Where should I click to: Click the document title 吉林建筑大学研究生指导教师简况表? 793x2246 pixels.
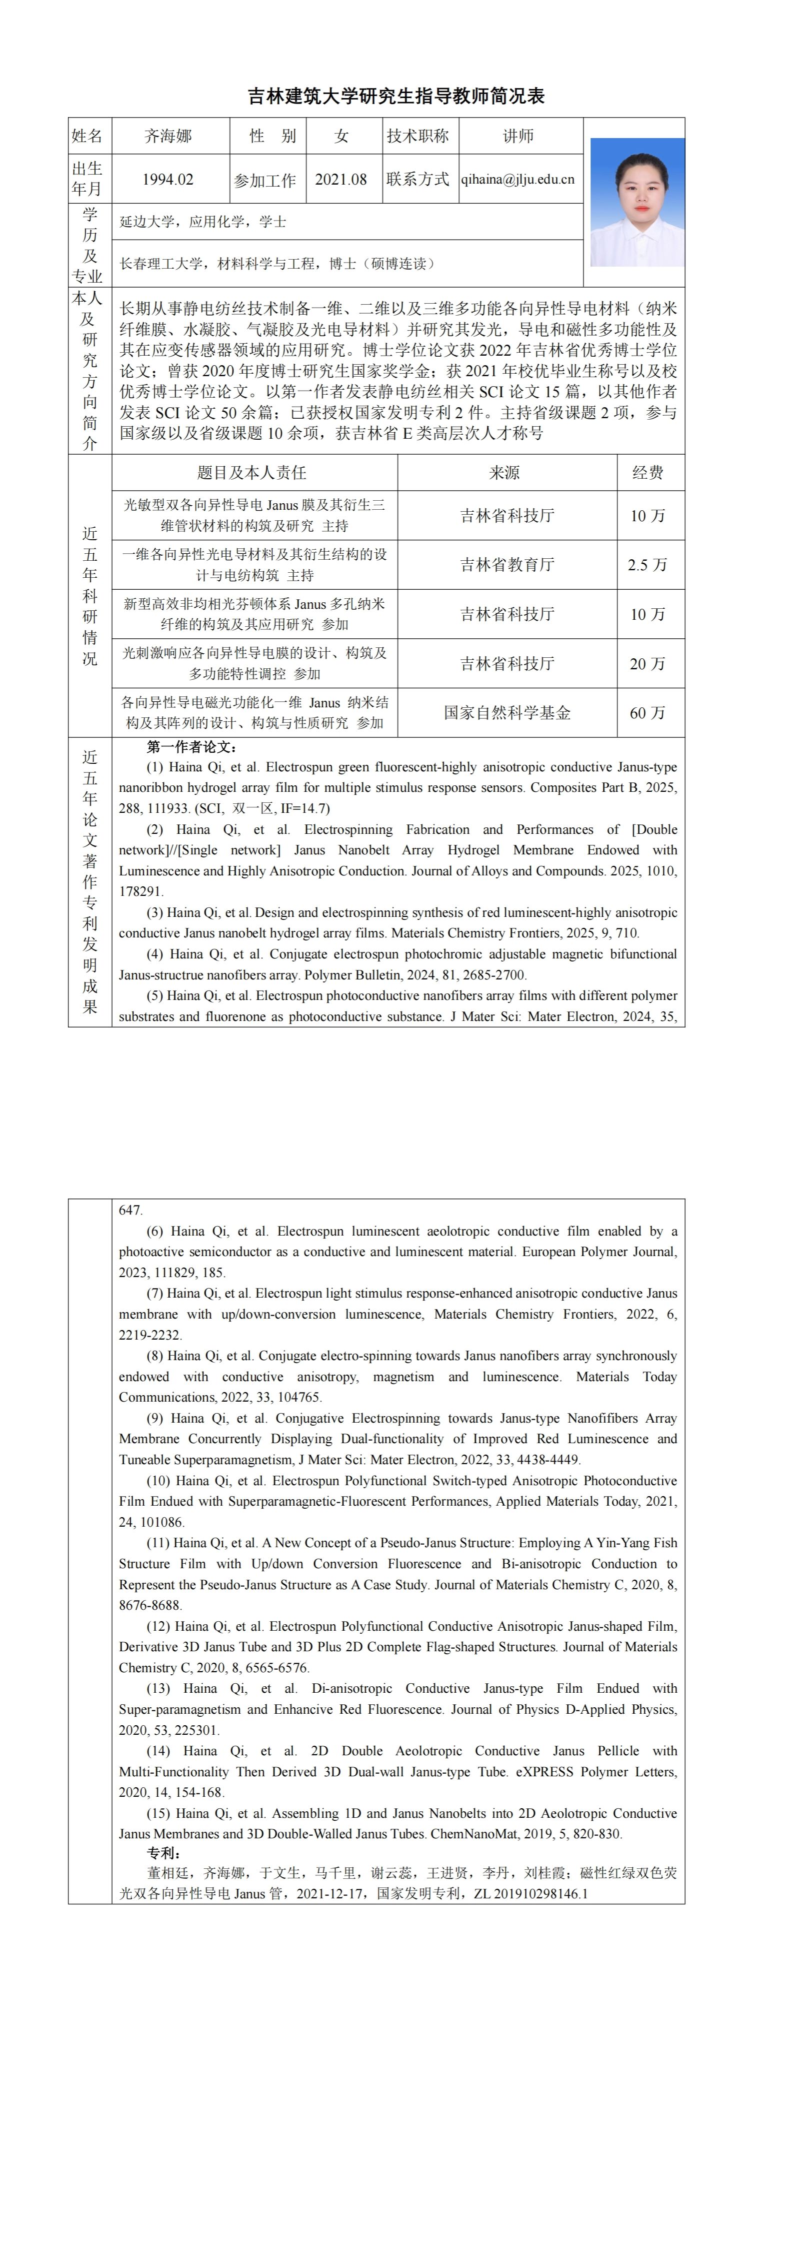(396, 97)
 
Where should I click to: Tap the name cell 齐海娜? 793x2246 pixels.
(168, 136)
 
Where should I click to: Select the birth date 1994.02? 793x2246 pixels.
(168, 180)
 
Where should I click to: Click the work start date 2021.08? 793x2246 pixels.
(340, 180)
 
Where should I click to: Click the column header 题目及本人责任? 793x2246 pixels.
(252, 473)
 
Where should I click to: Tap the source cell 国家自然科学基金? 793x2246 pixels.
(507, 713)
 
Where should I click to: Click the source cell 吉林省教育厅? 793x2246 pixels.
(507, 565)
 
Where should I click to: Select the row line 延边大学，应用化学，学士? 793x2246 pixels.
(203, 222)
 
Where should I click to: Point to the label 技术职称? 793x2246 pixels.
(418, 136)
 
